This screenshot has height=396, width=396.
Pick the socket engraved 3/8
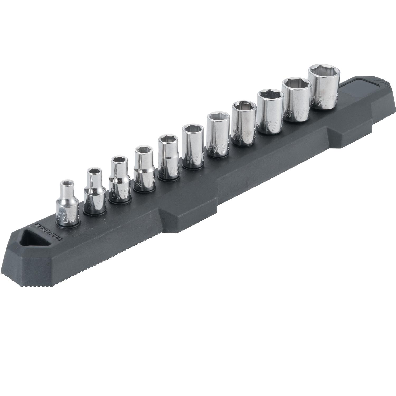coord(242,124)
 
